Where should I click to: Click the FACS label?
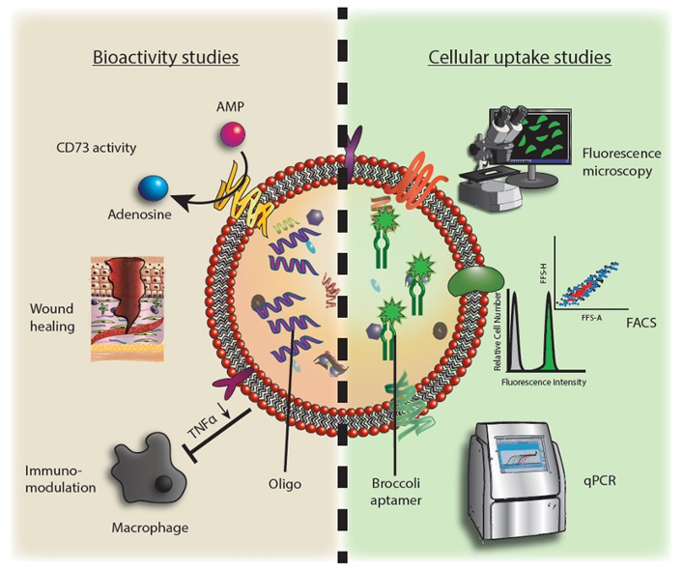click(x=641, y=323)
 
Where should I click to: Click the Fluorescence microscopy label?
click(x=618, y=162)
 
